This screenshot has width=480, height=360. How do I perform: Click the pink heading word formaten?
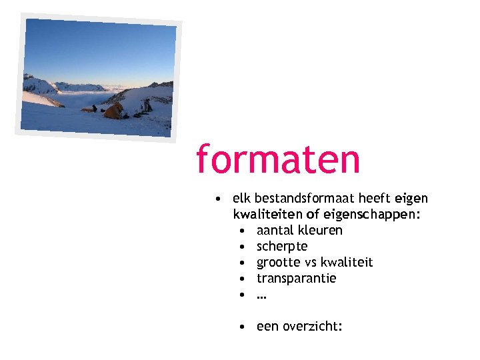[x=277, y=160]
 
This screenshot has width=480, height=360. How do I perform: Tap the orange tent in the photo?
[x=114, y=111]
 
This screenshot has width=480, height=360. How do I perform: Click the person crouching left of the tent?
[x=95, y=108]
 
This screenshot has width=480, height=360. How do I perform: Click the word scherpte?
[x=282, y=247]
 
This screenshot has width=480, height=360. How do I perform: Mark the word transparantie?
[x=296, y=278]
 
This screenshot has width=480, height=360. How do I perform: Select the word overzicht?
[x=312, y=327]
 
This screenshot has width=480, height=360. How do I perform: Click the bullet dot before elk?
[x=218, y=199]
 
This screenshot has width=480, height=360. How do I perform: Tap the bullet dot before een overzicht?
[x=245, y=327]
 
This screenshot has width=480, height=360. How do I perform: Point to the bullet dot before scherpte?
[x=245, y=247]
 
